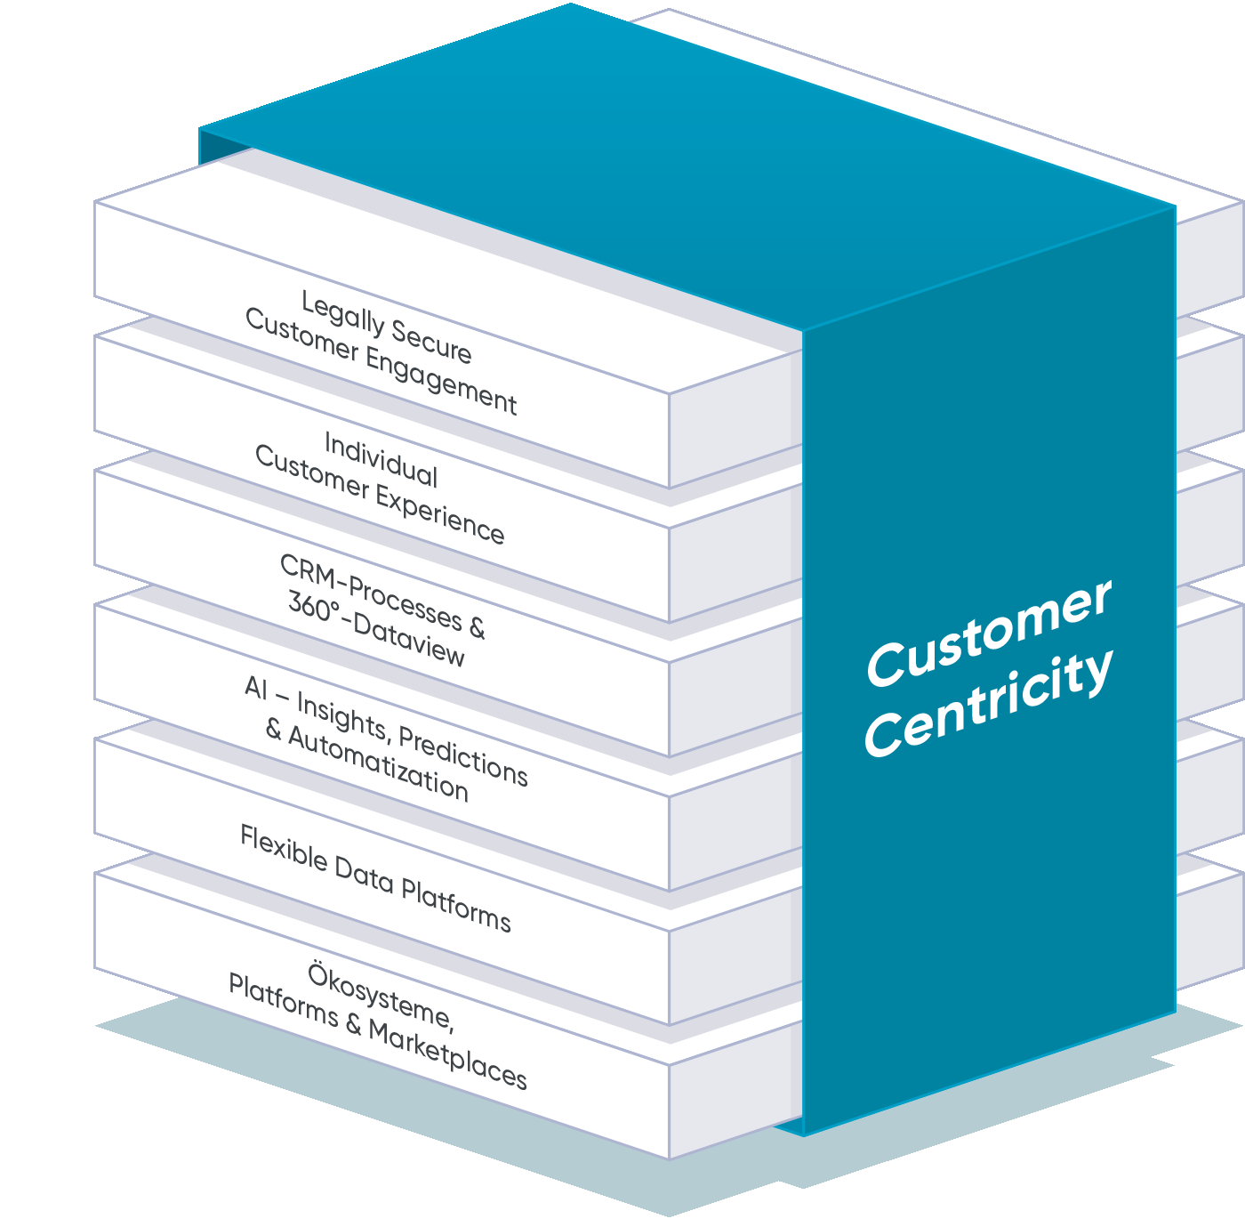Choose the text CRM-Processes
(371, 591)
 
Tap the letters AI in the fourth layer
(256, 687)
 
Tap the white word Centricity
(988, 706)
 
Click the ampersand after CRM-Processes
(477, 627)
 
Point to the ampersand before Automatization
(274, 731)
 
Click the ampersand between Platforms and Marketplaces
(353, 1025)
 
